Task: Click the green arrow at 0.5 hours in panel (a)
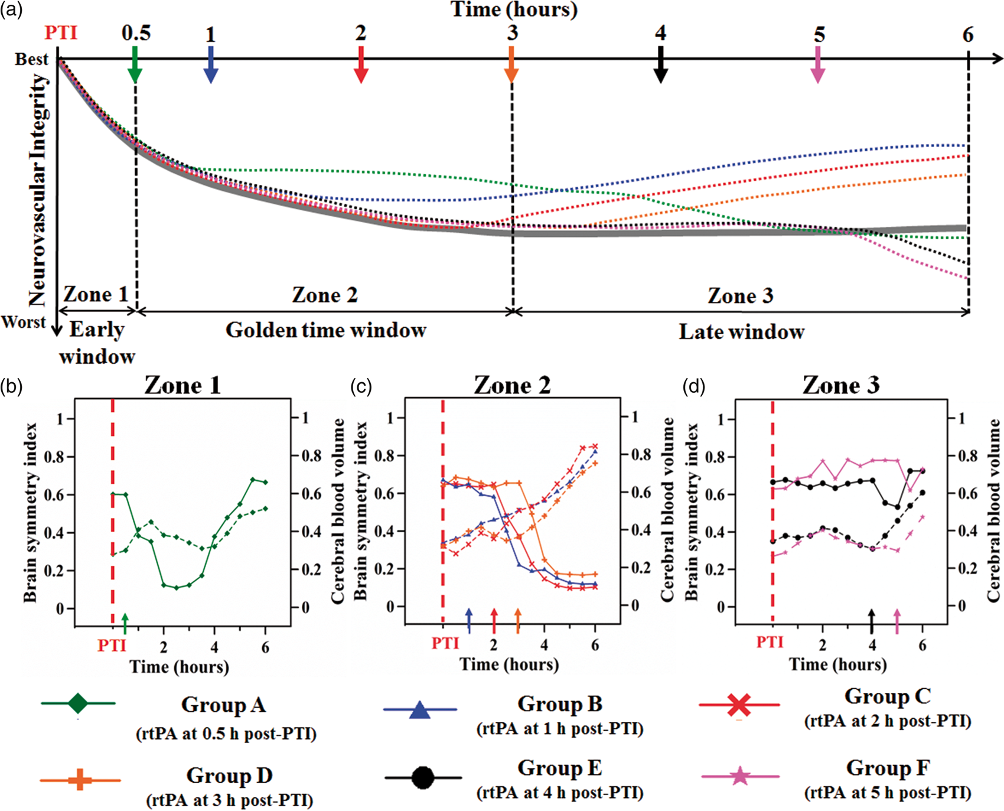[135, 64]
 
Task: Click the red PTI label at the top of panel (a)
[61, 32]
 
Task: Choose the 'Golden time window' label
[326, 330]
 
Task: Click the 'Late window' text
[742, 332]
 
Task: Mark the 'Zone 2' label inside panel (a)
[325, 295]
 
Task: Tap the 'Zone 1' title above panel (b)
[182, 385]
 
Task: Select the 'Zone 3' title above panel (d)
[841, 385]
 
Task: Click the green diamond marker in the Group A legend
[78, 703]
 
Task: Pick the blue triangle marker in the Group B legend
[419, 709]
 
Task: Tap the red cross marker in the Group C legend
[739, 705]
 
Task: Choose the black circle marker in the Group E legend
[422, 777]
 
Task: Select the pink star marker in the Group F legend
[741, 776]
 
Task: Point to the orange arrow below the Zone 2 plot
[517, 621]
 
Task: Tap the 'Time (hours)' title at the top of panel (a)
[514, 10]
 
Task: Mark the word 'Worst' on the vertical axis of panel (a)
[24, 323]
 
